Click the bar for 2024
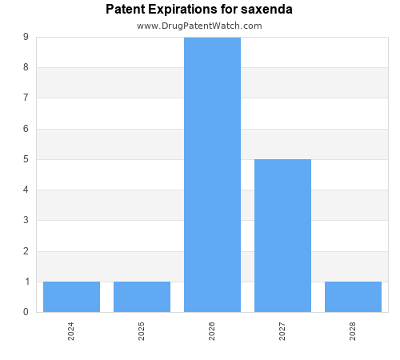point(71,297)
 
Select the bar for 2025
point(142,297)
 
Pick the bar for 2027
point(282,235)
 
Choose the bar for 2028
point(353,297)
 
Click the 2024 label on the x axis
point(71,331)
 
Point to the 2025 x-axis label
point(142,331)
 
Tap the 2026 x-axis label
point(212,331)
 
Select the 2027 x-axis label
point(282,331)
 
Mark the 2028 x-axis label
point(353,331)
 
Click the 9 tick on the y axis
point(26,37)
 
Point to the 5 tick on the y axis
point(26,159)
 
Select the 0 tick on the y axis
point(26,312)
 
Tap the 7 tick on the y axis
point(26,98)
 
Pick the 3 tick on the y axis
point(26,221)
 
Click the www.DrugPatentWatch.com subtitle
point(199,26)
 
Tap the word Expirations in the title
point(187,10)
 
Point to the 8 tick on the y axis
point(26,67)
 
